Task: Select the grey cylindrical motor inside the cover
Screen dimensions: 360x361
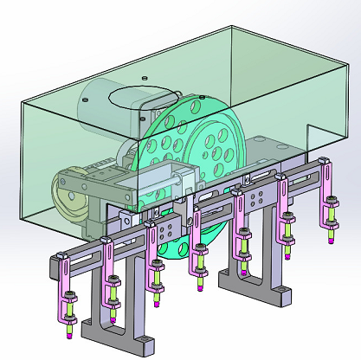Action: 104,107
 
